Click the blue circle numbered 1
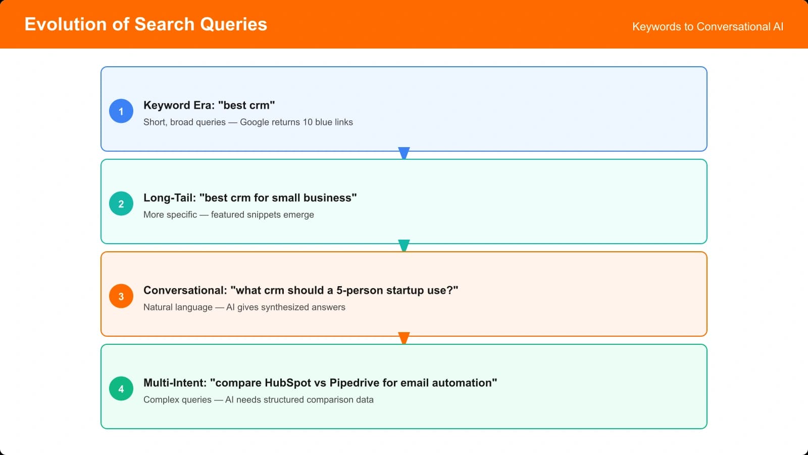121,111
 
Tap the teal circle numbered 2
121,204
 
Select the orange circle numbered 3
121,296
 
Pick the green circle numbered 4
121,389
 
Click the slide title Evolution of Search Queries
145,24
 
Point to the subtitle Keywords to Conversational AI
708,27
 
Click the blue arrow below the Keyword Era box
403,153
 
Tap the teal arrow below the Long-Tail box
403,245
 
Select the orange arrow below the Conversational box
403,338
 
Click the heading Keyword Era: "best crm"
209,105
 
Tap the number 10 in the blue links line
308,122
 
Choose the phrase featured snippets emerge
262,214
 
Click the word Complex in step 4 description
160,399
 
